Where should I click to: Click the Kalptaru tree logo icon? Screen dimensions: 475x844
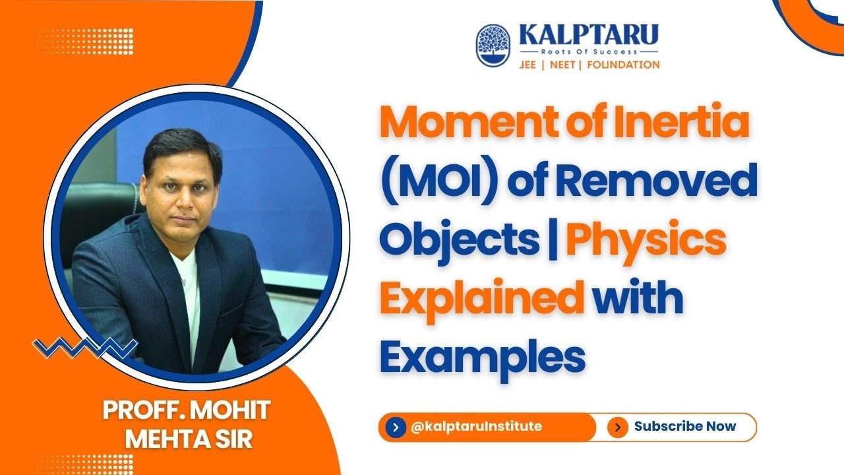[x=494, y=46]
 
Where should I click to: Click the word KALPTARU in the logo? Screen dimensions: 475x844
[x=588, y=34]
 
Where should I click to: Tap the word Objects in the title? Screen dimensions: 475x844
[x=459, y=241]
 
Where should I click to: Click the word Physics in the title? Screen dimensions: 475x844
[x=646, y=241]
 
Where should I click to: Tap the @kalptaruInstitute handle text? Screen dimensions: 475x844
[x=476, y=426]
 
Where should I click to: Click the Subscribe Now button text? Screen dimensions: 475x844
[x=684, y=426]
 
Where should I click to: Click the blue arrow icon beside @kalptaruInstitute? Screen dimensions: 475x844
[x=395, y=427]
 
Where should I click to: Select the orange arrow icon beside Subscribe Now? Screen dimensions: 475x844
[x=617, y=427]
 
